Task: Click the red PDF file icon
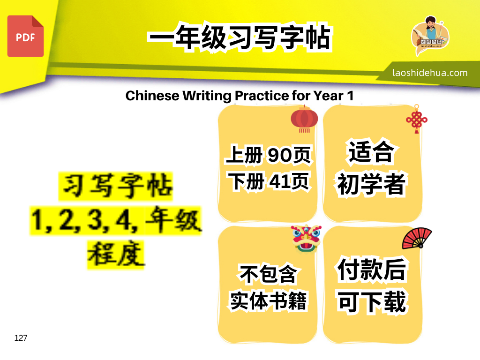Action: (x=25, y=36)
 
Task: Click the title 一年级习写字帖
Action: (x=240, y=37)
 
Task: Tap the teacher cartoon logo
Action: (x=430, y=36)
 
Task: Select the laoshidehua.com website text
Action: (x=430, y=73)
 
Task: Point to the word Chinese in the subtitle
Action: (x=152, y=96)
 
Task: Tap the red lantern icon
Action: (x=304, y=119)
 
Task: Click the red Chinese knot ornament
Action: (x=417, y=119)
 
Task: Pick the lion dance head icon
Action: (x=306, y=239)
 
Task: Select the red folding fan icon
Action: (x=417, y=238)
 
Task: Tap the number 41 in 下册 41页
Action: (x=278, y=181)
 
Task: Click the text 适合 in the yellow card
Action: (x=371, y=151)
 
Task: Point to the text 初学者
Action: (x=371, y=184)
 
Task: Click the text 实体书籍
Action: (x=268, y=301)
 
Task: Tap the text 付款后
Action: (x=372, y=270)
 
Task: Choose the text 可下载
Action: (x=372, y=302)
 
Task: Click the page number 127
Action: (x=21, y=338)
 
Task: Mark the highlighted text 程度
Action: (x=116, y=255)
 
